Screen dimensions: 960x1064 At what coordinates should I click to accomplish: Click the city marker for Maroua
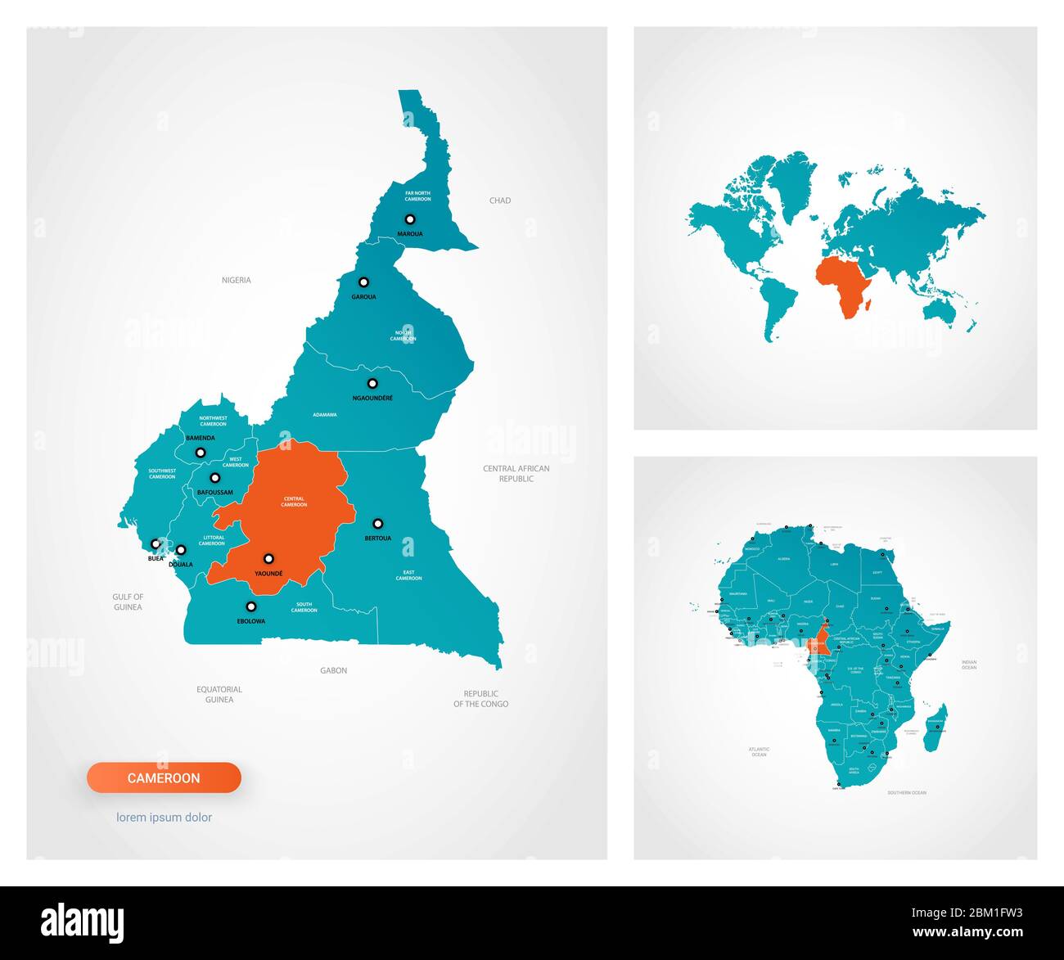410,219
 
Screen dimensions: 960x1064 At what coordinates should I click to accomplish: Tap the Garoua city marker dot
364,282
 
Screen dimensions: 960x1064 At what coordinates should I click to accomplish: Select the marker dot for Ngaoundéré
372,383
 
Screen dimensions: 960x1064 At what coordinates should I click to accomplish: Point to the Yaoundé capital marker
268,559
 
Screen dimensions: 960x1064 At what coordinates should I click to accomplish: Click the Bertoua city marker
378,524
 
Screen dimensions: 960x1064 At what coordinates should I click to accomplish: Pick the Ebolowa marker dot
251,606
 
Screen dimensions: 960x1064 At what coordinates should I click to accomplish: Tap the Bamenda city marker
201,452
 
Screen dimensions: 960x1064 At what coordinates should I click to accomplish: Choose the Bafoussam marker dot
215,478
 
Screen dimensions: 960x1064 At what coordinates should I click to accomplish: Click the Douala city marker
181,550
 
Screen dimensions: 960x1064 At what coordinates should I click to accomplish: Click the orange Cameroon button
164,777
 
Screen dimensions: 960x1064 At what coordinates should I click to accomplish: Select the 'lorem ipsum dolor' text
164,817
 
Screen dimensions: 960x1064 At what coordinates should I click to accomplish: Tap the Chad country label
500,201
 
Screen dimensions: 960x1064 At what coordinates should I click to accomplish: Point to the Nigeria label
237,280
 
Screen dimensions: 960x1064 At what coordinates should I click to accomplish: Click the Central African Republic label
516,474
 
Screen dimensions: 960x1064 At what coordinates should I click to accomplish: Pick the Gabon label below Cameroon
334,670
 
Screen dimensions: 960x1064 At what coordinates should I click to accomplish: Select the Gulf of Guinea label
128,602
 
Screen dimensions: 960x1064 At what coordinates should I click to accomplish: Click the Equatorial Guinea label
219,694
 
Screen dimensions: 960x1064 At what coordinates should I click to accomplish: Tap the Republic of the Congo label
481,698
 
